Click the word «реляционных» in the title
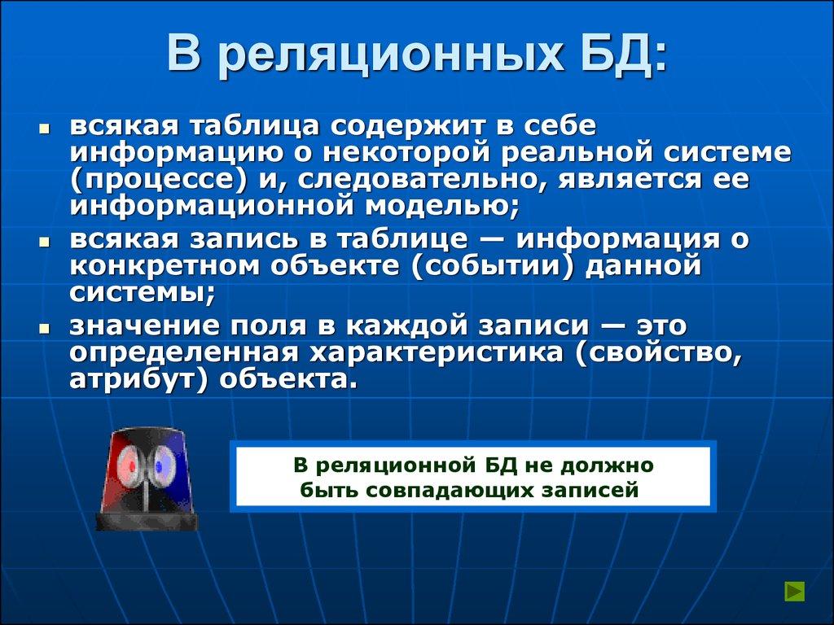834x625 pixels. tap(388, 55)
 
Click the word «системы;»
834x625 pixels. tap(143, 291)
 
